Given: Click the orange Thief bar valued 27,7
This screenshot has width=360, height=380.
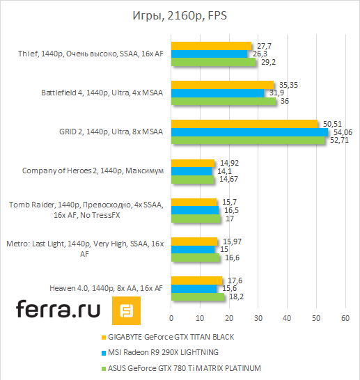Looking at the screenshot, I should (211, 46).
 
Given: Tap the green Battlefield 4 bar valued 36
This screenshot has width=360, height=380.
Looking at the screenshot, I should (223, 101).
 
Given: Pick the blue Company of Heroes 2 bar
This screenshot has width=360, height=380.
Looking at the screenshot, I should (191, 171).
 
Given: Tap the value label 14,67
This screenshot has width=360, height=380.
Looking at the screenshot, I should (228, 180).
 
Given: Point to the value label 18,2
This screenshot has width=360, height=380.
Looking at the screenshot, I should (237, 296).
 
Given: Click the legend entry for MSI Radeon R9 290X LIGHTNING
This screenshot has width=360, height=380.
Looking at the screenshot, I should (166, 351).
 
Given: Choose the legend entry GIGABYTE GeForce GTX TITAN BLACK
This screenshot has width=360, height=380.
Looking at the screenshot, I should (172, 336).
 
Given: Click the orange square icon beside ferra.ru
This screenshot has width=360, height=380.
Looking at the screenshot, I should (127, 310).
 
